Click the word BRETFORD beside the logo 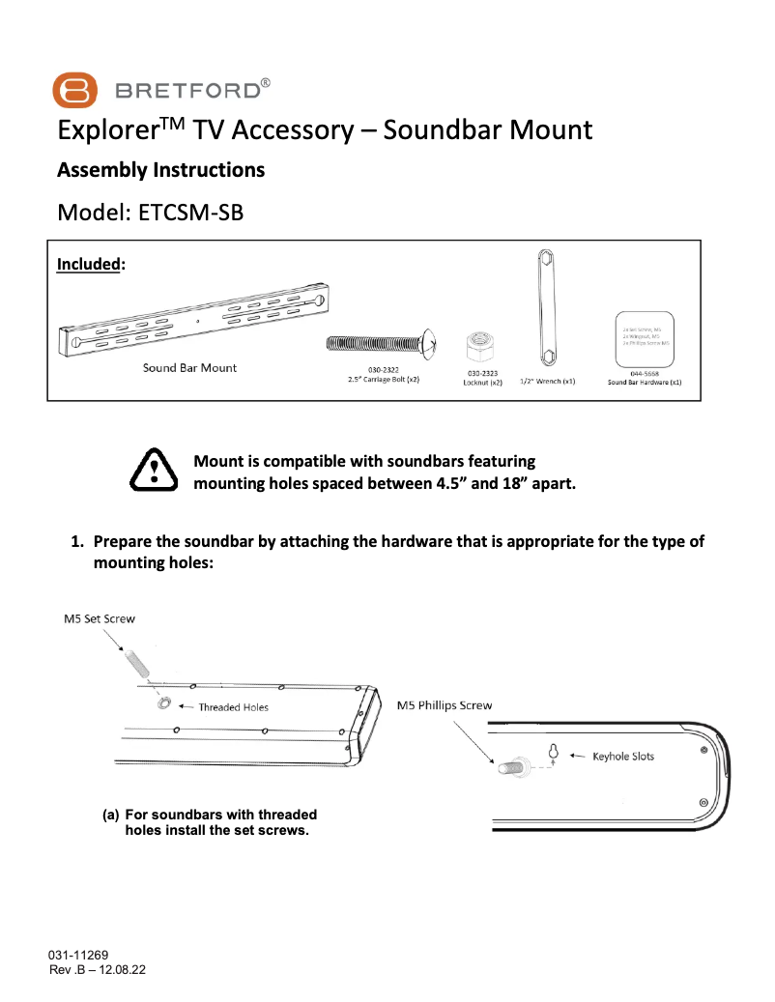click(x=187, y=92)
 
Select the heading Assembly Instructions click(x=160, y=170)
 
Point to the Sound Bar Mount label click(x=189, y=368)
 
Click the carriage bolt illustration click(x=383, y=342)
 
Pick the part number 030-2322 click(x=384, y=371)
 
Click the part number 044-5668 click(x=645, y=373)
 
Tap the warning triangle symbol click(x=152, y=471)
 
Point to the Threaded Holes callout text click(x=233, y=707)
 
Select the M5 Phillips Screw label click(x=445, y=705)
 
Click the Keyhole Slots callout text click(x=623, y=756)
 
